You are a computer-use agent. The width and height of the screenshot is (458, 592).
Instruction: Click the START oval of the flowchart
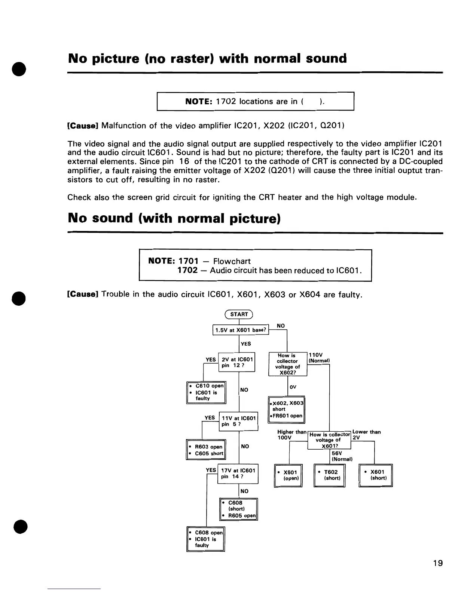239,314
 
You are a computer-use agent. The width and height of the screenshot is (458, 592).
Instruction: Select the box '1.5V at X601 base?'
241,330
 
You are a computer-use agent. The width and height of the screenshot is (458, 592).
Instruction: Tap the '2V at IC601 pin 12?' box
236,362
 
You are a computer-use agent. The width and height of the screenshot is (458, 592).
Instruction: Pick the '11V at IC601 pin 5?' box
238,421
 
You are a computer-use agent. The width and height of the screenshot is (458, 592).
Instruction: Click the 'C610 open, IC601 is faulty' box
206,392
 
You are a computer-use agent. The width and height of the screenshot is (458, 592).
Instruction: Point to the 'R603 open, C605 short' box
206,450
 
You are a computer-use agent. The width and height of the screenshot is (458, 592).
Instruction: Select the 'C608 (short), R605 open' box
239,509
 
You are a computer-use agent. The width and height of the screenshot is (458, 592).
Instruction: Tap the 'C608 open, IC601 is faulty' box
205,539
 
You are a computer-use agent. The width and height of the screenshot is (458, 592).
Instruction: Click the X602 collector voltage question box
288,364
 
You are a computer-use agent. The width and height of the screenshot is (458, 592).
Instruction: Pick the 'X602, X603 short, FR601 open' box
287,409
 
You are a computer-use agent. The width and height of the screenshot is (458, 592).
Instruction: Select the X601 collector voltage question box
329,440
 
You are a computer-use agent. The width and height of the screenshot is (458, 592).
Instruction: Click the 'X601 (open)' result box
288,475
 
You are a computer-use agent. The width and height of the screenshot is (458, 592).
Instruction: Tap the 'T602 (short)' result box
329,475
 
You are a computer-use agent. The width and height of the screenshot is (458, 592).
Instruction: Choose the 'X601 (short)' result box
376,475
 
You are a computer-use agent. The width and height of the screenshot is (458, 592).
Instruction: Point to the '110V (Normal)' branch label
318,358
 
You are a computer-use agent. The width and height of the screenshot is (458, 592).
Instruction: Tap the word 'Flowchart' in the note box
232,261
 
